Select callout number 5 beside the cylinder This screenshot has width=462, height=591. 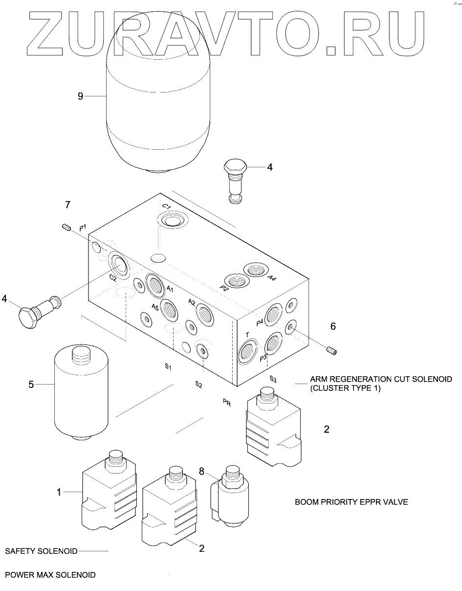31,385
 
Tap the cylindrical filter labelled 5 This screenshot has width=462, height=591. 81,392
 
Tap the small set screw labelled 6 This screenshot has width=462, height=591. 332,350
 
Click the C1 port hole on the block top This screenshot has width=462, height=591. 172,221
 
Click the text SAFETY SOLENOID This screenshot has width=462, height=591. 42,551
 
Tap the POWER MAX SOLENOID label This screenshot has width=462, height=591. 50,575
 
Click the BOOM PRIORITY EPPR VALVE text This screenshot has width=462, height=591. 351,502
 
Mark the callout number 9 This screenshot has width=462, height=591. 80,96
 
